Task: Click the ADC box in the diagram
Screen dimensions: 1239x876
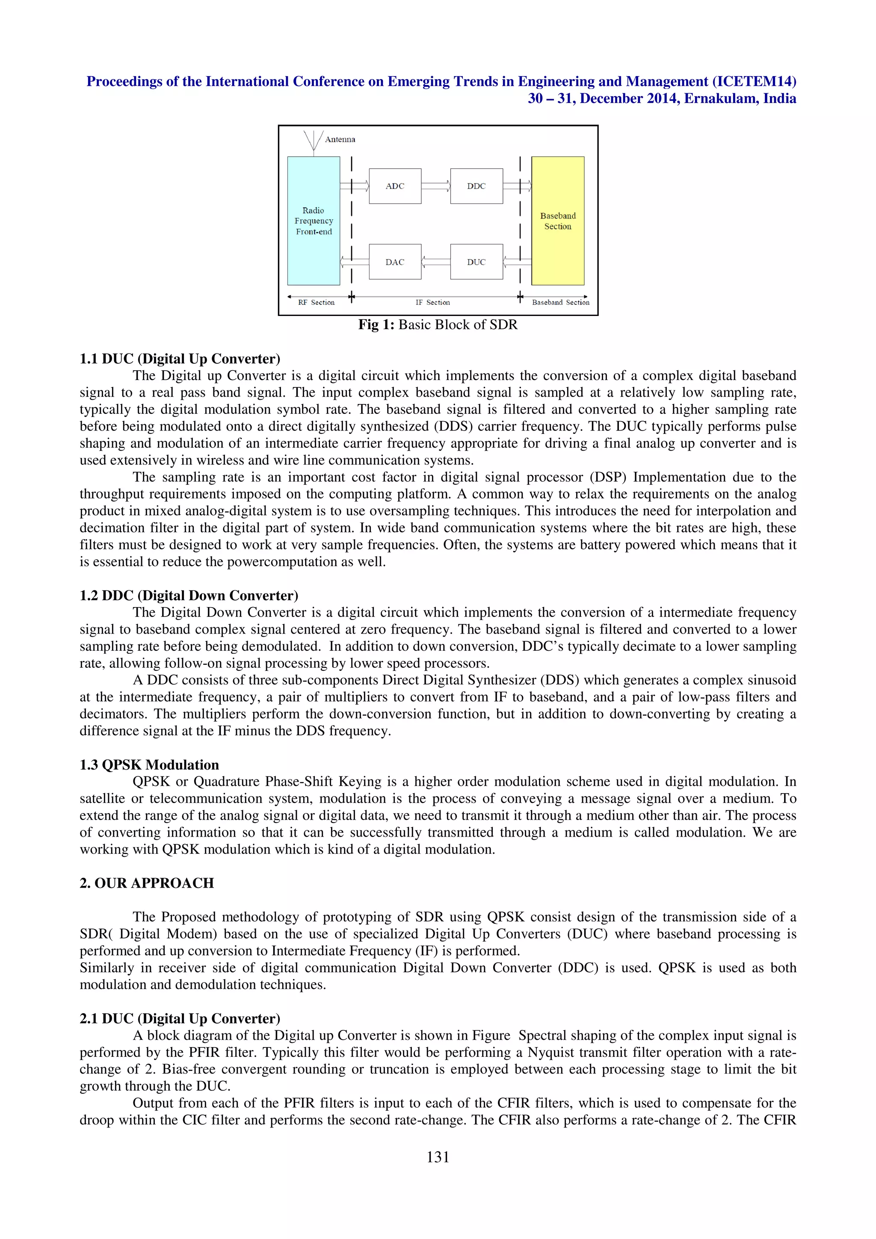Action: point(394,186)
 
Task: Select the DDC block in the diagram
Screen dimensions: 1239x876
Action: point(476,186)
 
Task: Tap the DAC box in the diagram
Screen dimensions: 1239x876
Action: point(394,262)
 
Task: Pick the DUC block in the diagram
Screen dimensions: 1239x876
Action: point(476,262)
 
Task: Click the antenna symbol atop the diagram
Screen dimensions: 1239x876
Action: point(314,141)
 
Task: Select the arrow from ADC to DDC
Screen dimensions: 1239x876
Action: point(435,186)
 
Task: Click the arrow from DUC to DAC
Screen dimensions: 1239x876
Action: point(435,262)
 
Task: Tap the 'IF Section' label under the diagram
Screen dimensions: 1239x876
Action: point(432,303)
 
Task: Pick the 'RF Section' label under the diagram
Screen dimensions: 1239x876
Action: point(316,303)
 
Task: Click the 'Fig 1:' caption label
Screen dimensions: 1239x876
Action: point(376,325)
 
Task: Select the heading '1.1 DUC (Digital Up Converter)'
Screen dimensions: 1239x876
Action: point(180,359)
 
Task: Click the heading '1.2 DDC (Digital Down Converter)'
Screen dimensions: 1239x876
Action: point(189,595)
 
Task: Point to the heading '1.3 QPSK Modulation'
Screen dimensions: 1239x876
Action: point(150,765)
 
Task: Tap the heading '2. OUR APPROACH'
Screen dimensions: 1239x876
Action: point(147,883)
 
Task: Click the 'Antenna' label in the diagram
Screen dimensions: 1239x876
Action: point(340,139)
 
